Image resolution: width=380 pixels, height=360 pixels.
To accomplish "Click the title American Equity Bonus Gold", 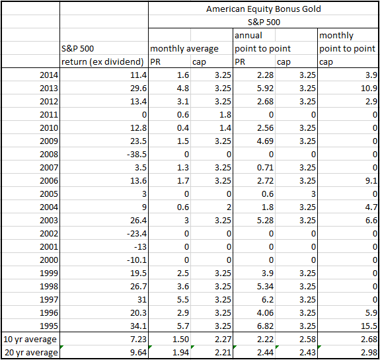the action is (x=264, y=9).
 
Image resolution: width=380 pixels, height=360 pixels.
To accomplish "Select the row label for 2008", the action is (x=49, y=155).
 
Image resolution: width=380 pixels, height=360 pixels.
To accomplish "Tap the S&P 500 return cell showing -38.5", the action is (x=137, y=155).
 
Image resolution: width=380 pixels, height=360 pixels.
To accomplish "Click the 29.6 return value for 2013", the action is (x=138, y=88).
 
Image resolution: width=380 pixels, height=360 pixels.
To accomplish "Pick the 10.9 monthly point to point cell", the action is (x=369, y=88).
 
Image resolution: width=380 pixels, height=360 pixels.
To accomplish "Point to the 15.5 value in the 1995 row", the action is (x=369, y=326).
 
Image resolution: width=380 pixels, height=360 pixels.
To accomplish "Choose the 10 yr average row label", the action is (x=30, y=340).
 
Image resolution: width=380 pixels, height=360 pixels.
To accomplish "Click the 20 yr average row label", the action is (x=31, y=353).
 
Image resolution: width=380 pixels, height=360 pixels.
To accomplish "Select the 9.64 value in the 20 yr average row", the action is (x=138, y=353).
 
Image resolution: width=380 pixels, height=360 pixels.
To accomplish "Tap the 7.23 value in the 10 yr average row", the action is (x=138, y=340).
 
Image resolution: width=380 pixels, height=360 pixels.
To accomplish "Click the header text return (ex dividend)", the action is (x=102, y=62).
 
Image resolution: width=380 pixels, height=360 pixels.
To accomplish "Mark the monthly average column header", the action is (x=184, y=49).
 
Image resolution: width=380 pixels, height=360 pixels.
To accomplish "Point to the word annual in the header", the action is (x=248, y=36).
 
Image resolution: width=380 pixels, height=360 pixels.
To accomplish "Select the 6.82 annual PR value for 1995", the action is (x=265, y=326).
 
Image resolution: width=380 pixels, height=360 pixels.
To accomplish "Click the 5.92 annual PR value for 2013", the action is (x=265, y=88).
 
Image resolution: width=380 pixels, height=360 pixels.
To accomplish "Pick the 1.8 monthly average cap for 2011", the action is (x=225, y=114).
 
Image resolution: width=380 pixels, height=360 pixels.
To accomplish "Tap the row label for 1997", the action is (x=49, y=300).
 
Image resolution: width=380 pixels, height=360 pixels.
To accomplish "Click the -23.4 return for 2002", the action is (x=137, y=234).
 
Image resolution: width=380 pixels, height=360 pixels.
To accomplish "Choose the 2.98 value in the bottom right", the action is (x=369, y=353).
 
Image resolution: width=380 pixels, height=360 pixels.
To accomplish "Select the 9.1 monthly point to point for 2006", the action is (x=371, y=181).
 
